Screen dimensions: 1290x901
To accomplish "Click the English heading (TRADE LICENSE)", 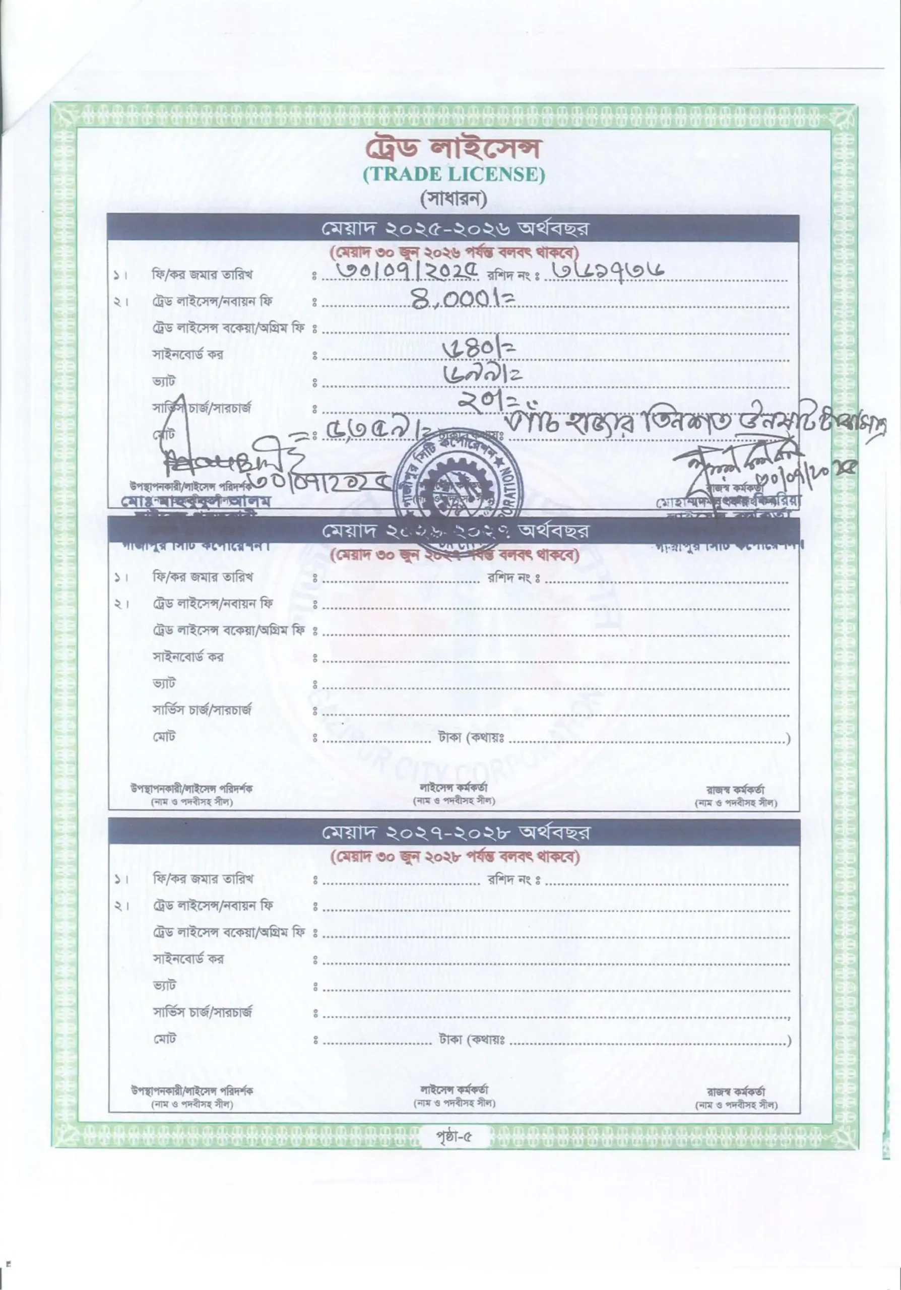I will tap(454, 174).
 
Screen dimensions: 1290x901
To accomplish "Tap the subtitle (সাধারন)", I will tap(454, 199).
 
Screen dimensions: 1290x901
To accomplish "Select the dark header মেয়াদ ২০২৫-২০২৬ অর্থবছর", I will tap(454, 229).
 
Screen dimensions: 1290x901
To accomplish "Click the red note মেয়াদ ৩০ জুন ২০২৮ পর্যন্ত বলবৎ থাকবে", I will tap(454, 857).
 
